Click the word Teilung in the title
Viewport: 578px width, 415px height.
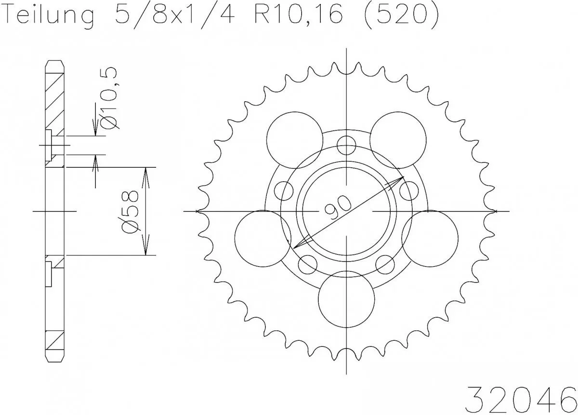48,17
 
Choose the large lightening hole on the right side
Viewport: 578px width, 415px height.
430,238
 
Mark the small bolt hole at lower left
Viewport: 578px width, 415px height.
308,264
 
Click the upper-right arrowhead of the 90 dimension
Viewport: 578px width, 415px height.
400,179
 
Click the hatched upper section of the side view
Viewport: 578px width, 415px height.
54,96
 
